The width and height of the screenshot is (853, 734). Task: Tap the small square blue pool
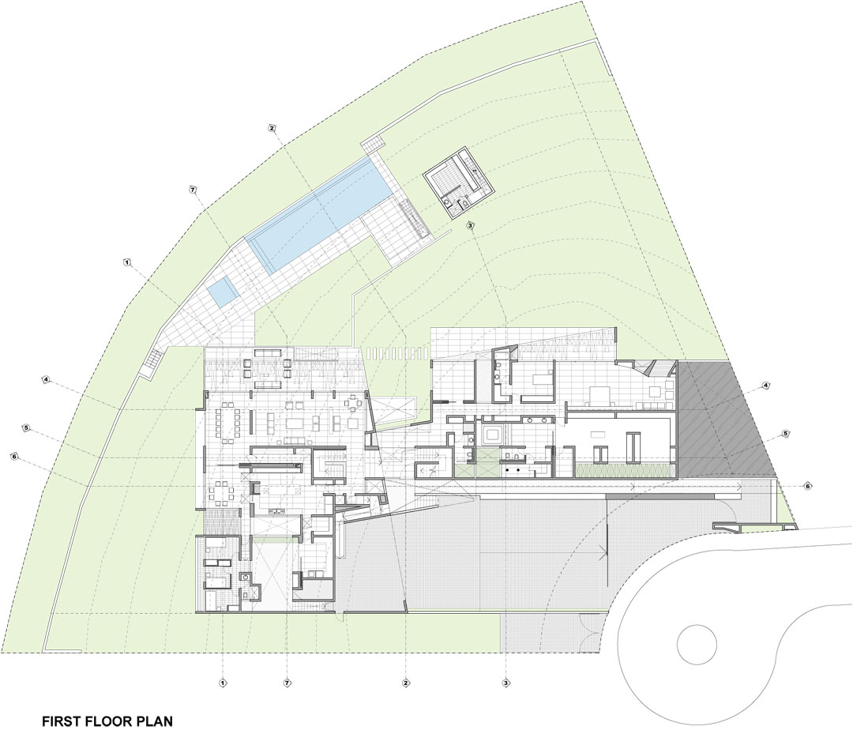[224, 291]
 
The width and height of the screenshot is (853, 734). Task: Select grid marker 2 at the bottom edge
[404, 683]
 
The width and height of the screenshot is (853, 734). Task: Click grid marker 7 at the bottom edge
[287, 683]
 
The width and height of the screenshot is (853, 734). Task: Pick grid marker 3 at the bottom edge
[505, 683]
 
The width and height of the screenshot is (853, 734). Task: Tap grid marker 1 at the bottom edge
[222, 683]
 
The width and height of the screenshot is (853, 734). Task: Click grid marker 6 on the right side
[808, 486]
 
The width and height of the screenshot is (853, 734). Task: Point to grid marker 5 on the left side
[25, 427]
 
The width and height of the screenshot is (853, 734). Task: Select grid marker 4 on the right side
[766, 386]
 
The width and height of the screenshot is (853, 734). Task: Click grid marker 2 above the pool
[272, 129]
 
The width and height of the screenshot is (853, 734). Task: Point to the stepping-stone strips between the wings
[396, 352]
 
